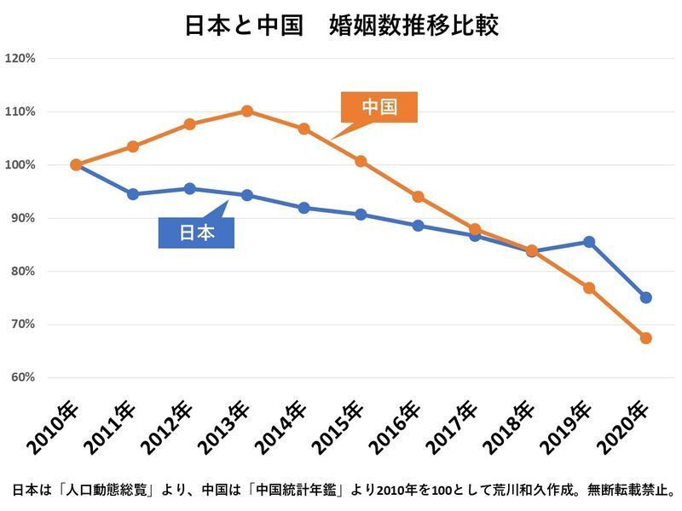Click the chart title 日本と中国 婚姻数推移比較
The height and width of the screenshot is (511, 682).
[341, 25]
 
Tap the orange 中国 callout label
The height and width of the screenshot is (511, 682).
[379, 107]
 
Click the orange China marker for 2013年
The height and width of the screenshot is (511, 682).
[246, 111]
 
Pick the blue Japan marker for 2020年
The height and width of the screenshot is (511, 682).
[646, 297]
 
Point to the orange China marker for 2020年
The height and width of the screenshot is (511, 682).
[646, 338]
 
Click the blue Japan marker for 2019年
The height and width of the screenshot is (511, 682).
[589, 242]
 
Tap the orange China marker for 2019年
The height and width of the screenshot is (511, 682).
[589, 288]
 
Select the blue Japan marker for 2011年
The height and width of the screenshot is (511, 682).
[132, 194]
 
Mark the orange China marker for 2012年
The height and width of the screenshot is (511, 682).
[189, 124]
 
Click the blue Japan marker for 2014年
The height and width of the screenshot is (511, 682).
[303, 208]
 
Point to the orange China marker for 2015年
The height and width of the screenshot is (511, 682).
[361, 161]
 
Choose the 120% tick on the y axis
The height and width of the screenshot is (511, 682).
[20, 59]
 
